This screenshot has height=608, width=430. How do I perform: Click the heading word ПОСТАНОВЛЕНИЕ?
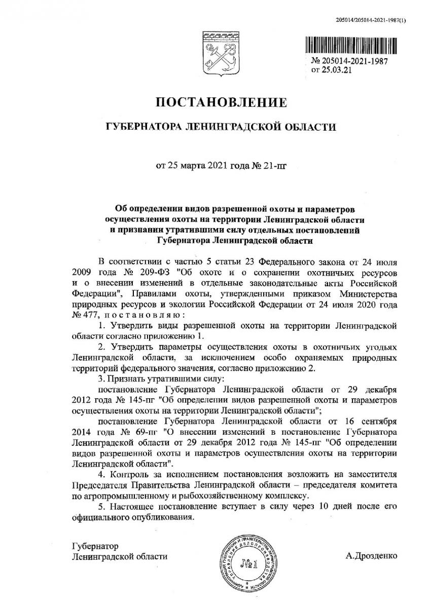pos(221,103)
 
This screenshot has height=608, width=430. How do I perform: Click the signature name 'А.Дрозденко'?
pos(372,556)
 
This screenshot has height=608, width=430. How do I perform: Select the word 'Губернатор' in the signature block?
pos(95,546)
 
